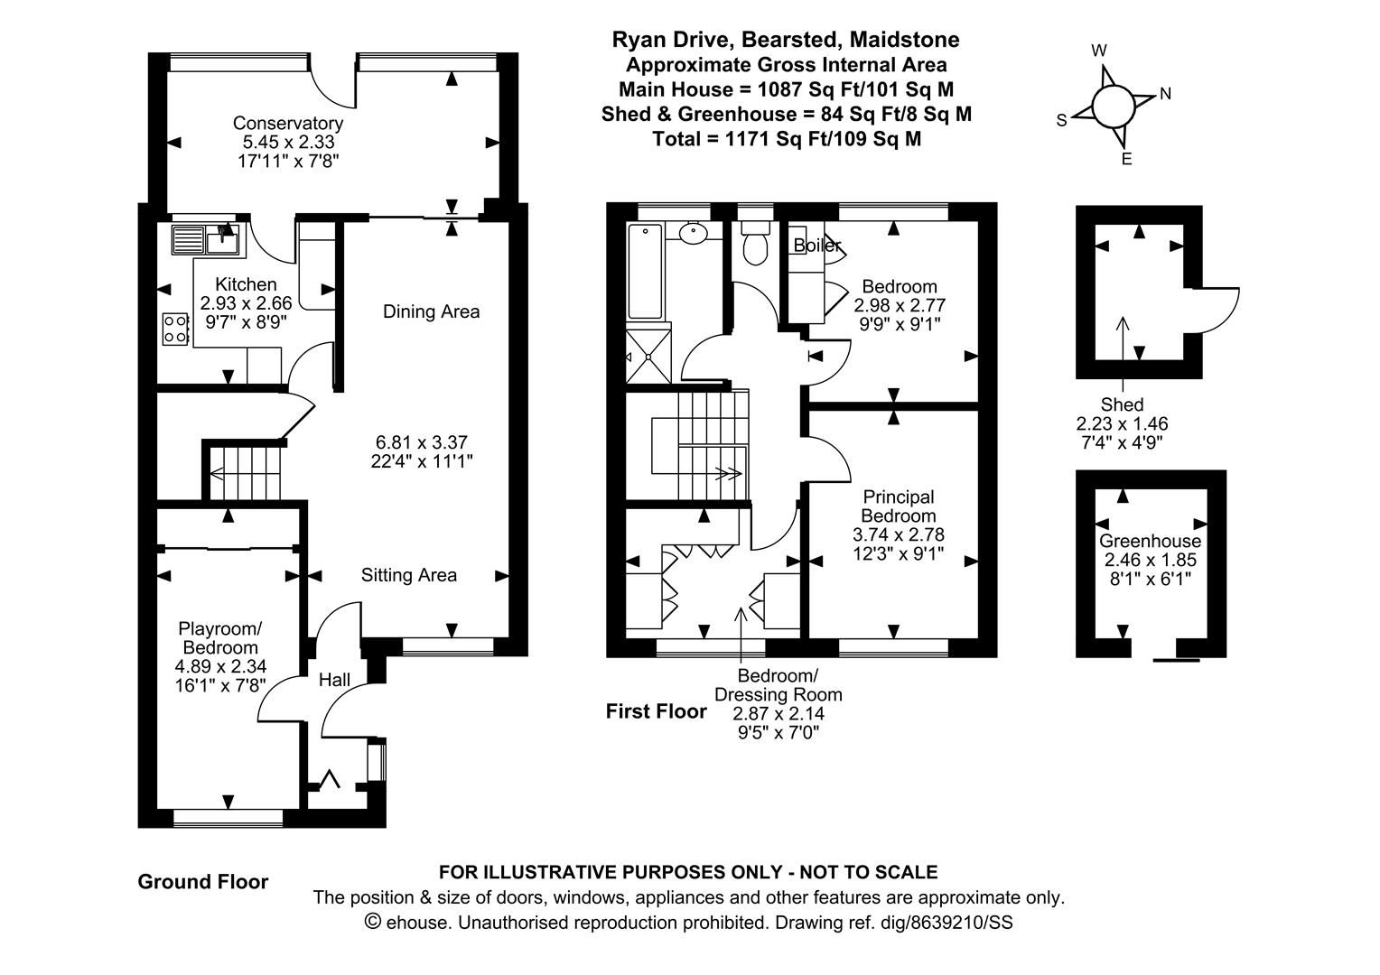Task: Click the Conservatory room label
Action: (x=288, y=123)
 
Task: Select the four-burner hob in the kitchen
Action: (x=175, y=329)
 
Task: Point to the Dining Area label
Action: (x=432, y=311)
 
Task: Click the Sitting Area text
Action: (x=409, y=575)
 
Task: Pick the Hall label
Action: (x=334, y=680)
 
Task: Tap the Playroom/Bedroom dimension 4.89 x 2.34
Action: (x=220, y=666)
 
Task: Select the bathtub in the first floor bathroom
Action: (x=645, y=272)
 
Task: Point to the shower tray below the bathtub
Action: (x=648, y=356)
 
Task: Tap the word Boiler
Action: (x=817, y=246)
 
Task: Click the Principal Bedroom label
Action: (x=899, y=506)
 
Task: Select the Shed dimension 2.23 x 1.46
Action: (x=1122, y=423)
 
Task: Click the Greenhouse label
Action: (x=1151, y=542)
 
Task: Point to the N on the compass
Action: (x=1165, y=94)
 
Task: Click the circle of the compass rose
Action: (x=1113, y=106)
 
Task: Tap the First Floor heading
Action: (x=656, y=711)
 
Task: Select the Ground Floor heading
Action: (x=202, y=882)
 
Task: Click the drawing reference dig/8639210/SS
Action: (x=955, y=923)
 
